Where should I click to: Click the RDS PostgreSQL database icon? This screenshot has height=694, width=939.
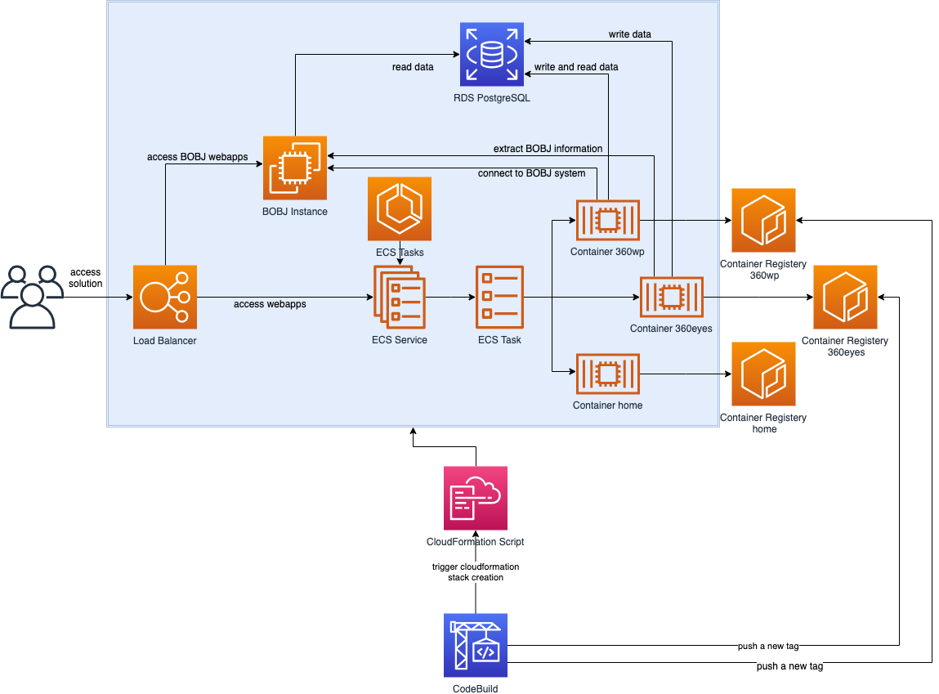(x=492, y=55)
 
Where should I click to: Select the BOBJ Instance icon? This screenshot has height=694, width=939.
(x=295, y=168)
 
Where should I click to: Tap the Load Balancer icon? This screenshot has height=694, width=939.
(x=165, y=296)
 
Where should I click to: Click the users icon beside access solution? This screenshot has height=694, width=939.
(x=31, y=296)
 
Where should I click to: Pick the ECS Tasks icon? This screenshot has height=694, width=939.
(x=400, y=208)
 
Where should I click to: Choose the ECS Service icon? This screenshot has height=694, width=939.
(x=398, y=297)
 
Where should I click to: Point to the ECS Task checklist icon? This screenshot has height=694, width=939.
(x=499, y=297)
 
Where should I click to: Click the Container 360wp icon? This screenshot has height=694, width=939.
(x=607, y=220)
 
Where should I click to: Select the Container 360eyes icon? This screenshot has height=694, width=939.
(x=671, y=298)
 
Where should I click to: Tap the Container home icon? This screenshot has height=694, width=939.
(x=607, y=374)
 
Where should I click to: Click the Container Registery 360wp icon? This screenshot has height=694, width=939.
(x=763, y=221)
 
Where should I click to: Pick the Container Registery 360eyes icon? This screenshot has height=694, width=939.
(x=844, y=297)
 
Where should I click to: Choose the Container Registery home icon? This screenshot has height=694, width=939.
(x=763, y=374)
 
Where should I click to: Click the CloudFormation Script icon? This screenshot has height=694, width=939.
(x=476, y=498)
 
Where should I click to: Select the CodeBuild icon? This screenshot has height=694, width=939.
(x=476, y=647)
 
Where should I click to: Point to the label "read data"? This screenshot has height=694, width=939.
(x=413, y=67)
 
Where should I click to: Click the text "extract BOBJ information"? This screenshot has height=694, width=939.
(x=548, y=149)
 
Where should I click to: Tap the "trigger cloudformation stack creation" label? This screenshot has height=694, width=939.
(x=476, y=571)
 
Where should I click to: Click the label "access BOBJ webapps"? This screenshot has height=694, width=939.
(x=197, y=157)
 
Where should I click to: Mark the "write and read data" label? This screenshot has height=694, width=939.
(x=575, y=67)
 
